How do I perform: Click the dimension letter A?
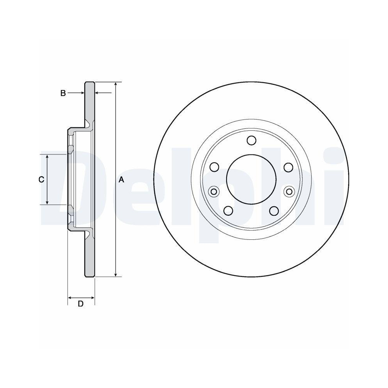point(121,179)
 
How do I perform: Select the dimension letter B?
point(63,93)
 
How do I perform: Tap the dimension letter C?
point(41,179)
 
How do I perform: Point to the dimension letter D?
point(81,304)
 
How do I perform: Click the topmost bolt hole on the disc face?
point(251,140)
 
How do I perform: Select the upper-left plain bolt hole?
point(214,167)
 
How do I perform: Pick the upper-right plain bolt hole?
point(288,167)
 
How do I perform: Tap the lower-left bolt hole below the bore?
point(228,210)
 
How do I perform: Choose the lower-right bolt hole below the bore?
point(274,210)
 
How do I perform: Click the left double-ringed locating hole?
point(213,191)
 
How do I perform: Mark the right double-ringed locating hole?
point(289,191)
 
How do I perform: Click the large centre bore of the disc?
point(251,179)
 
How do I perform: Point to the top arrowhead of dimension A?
point(116,85)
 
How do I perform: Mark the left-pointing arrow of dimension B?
point(99,93)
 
